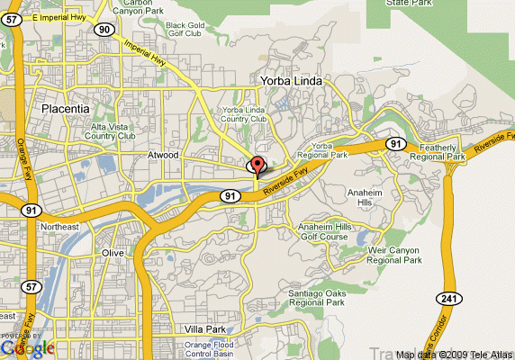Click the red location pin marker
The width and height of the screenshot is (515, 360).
[x=257, y=165]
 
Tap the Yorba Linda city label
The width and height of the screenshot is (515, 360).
[x=290, y=81]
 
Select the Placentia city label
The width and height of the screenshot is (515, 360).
[x=65, y=109]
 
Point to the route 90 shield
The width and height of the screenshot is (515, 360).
[x=105, y=30]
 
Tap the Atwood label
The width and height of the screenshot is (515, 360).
[x=163, y=156]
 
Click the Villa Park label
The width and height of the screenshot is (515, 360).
[x=202, y=329]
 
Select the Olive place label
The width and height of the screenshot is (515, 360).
[x=112, y=254]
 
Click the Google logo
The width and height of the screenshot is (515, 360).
[x=26, y=347]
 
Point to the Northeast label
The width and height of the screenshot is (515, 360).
[x=59, y=228]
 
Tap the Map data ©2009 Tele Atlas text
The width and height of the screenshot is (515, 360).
[x=455, y=355]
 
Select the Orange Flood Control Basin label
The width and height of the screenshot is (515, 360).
[x=211, y=349]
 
